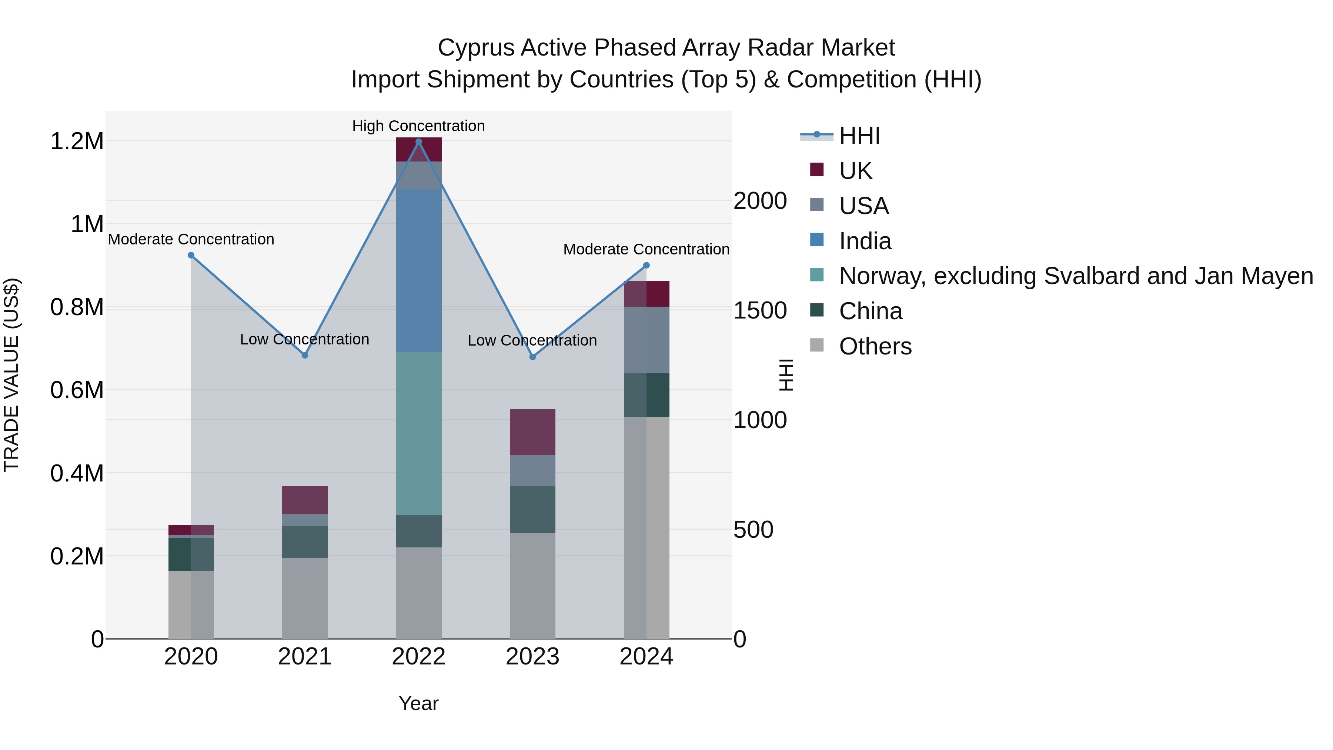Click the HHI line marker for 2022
[419, 142]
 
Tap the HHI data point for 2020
[191, 255]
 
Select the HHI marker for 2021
[305, 356]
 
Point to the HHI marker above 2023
[532, 357]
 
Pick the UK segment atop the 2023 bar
[532, 432]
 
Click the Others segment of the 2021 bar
[305, 598]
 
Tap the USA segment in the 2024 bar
[646, 340]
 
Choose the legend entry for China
[871, 311]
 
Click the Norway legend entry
[1075, 276]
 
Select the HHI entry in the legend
[859, 136]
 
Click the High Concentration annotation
[419, 126]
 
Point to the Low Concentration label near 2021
[304, 340]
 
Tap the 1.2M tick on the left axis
[77, 141]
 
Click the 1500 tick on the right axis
[760, 311]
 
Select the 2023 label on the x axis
[532, 657]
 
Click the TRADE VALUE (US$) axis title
[11, 375]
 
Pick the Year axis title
[419, 703]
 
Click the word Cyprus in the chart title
[476, 48]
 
